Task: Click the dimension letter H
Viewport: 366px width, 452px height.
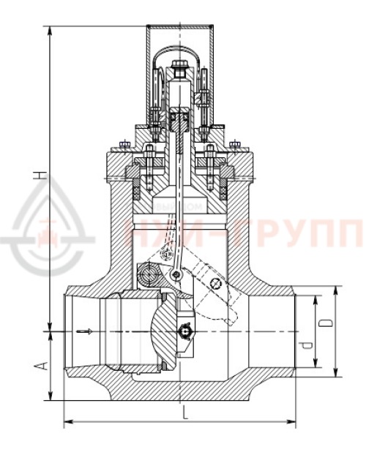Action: pyautogui.click(x=42, y=175)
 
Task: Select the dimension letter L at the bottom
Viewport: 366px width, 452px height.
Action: pyautogui.click(x=184, y=414)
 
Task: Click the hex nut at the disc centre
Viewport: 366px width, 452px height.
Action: pyautogui.click(x=185, y=332)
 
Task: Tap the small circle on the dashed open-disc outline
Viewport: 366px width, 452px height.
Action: pyautogui.click(x=214, y=284)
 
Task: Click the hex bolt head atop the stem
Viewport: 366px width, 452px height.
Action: pyautogui.click(x=180, y=71)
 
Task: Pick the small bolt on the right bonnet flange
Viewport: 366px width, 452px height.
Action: pyautogui.click(x=234, y=143)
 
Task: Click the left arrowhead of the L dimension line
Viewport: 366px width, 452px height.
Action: pyautogui.click(x=68, y=422)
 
